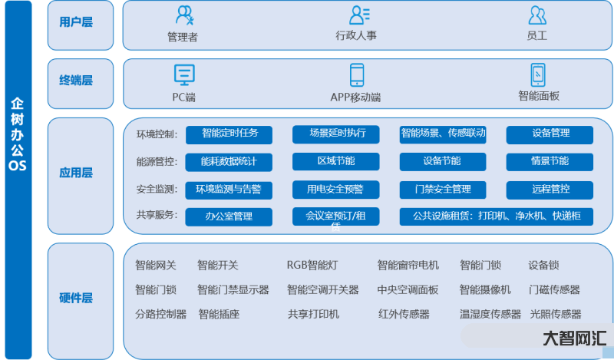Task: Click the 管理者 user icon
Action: point(184,15)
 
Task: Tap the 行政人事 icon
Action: point(359,15)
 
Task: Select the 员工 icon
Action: point(537,15)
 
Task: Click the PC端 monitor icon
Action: point(184,74)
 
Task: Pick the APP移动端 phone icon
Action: point(357,74)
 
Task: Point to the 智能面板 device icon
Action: point(538,74)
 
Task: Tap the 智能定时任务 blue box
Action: point(229,134)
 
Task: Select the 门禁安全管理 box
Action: point(442,189)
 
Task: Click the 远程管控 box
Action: point(550,189)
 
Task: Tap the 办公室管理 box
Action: point(229,216)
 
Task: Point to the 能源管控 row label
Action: point(157,162)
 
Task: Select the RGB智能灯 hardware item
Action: point(312,266)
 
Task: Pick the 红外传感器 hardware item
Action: point(404,314)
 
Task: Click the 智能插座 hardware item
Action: point(219,314)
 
